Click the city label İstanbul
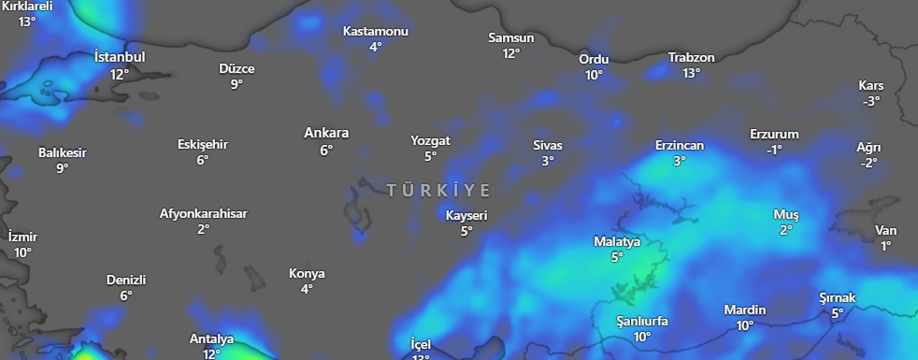tap(120, 57)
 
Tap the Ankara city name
tap(326, 133)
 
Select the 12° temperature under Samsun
tap(510, 54)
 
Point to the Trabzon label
tap(691, 58)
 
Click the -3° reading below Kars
tap(870, 101)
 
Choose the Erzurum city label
tap(774, 134)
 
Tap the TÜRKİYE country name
tap(438, 191)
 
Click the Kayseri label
tap(466, 215)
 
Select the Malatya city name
tap(617, 241)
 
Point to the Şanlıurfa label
tap(641, 321)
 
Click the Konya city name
tap(307, 273)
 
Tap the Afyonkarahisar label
tap(203, 213)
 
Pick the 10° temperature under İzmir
tap(22, 252)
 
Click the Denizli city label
tap(126, 280)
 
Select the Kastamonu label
tap(375, 31)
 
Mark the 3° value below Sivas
tap(548, 161)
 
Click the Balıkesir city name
tap(63, 152)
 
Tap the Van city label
tap(885, 230)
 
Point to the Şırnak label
tap(837, 297)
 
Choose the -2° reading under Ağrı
tap(868, 163)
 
